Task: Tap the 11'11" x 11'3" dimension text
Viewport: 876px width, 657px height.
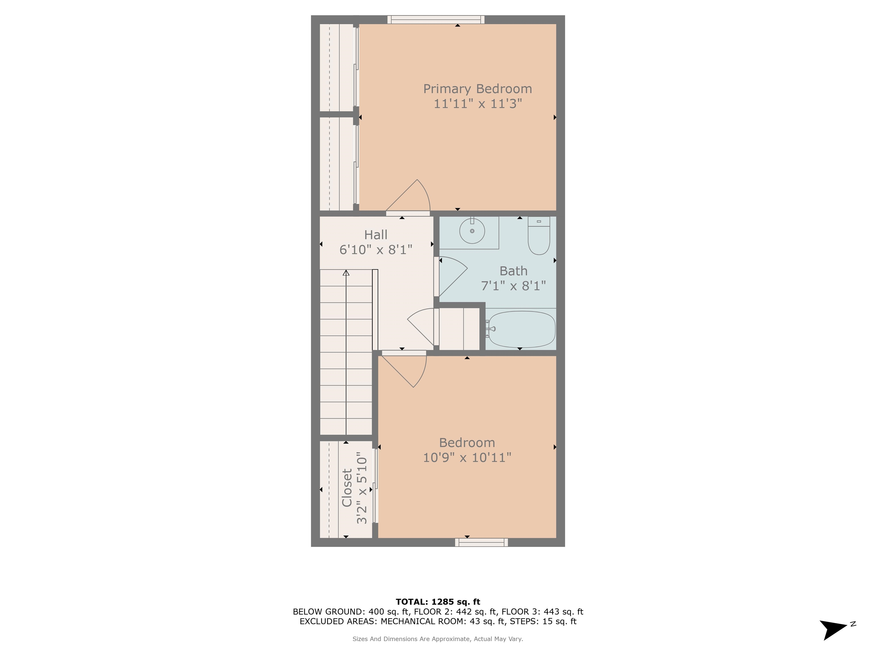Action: coord(478,104)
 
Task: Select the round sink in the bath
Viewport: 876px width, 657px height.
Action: coord(472,231)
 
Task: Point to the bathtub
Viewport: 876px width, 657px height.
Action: coord(521,329)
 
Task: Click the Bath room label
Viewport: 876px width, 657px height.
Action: coord(513,271)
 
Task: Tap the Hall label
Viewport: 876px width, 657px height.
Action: coord(376,235)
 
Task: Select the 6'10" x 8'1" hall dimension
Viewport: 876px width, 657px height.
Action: coord(376,250)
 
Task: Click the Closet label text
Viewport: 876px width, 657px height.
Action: coord(347,488)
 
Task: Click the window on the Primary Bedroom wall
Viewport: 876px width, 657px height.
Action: coord(436,19)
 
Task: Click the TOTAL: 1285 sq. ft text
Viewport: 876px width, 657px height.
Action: coord(438,602)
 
